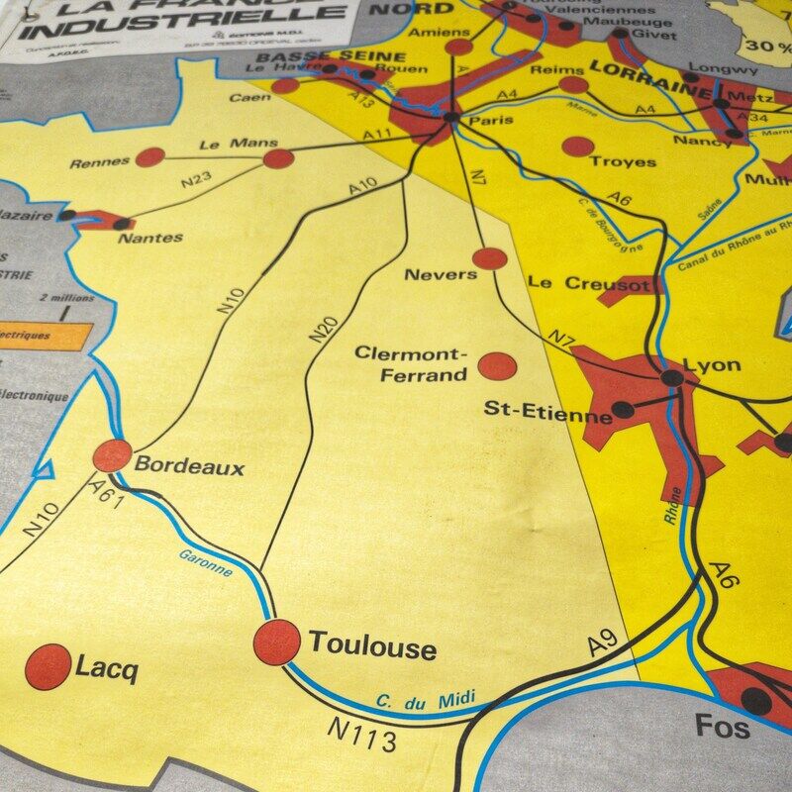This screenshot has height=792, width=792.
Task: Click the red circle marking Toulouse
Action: tap(277, 643)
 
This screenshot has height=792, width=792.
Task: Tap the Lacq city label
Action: tap(107, 669)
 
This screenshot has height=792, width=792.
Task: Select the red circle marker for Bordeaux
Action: tap(113, 456)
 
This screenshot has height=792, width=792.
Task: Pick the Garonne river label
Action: tap(206, 562)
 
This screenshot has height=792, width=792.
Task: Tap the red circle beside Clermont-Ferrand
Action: tap(497, 365)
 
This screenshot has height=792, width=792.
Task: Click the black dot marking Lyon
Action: tap(672, 377)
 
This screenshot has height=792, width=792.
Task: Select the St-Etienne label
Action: tap(547, 411)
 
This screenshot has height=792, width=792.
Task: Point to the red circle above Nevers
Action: tap(489, 259)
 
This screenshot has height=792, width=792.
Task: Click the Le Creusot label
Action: tap(589, 283)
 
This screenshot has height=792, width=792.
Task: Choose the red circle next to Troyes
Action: tap(577, 147)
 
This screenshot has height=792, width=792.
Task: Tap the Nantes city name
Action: tap(149, 238)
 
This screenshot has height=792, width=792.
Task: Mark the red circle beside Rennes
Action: tap(149, 156)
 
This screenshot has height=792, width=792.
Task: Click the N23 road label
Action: tap(199, 179)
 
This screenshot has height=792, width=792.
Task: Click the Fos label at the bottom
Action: tap(723, 727)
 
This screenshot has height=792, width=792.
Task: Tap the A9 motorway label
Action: tap(602, 643)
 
